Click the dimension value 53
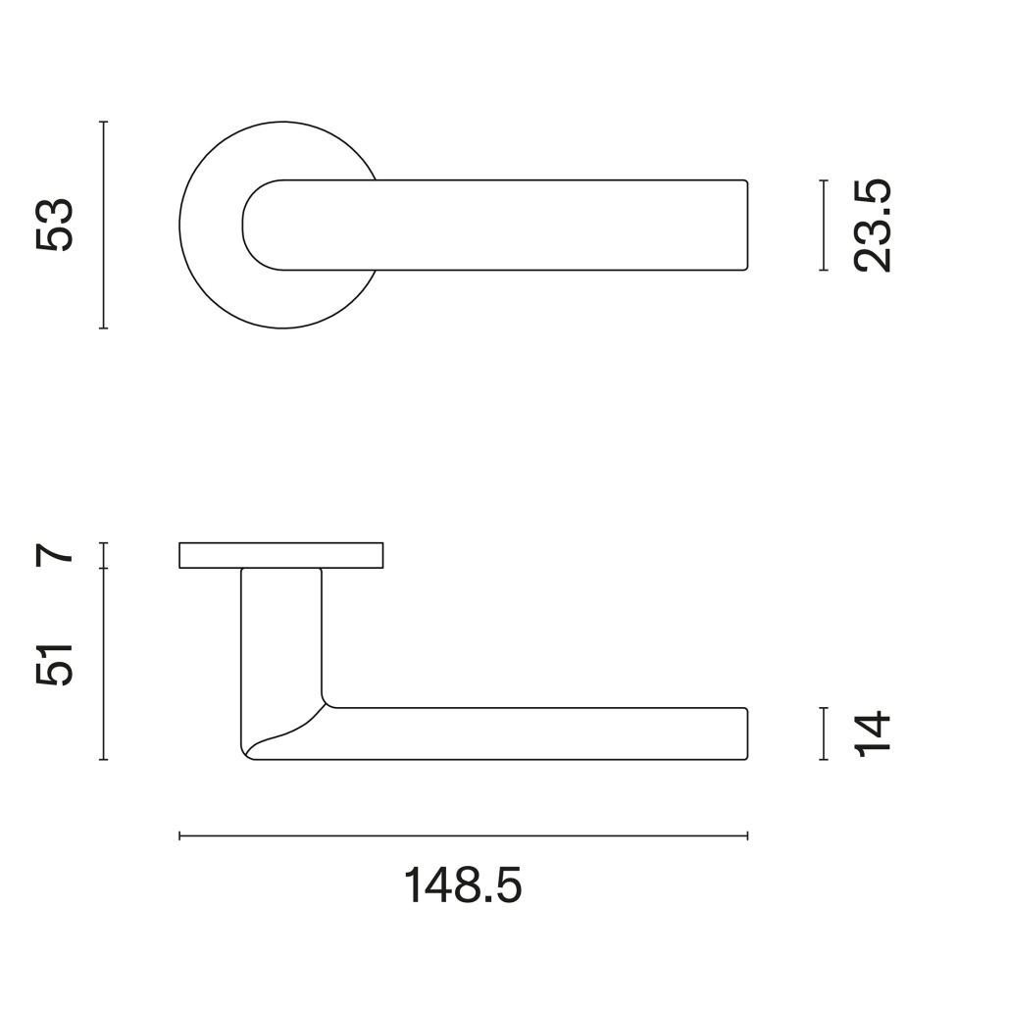pos(55,225)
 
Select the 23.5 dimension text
pos(872,226)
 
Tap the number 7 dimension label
pos(55,555)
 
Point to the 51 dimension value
pos(55,665)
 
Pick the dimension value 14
pos(872,733)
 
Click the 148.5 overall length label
pos(463,885)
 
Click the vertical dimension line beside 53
pos(103,225)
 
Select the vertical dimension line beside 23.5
pos(824,225)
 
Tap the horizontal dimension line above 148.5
pos(463,836)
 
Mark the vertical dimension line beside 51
pos(103,664)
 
